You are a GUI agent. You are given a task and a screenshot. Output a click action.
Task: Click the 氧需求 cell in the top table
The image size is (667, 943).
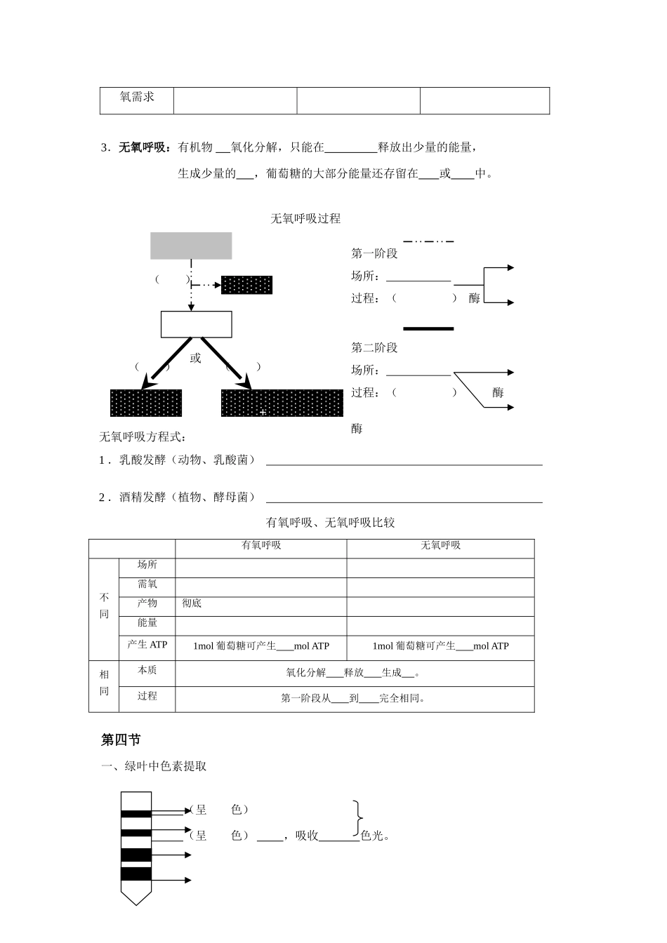tap(137, 98)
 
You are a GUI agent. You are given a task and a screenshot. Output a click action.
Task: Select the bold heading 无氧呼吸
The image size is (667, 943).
tap(143, 147)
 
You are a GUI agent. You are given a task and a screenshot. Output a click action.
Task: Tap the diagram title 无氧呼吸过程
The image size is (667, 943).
tap(305, 219)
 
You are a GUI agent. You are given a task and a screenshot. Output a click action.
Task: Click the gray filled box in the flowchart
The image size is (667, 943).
tap(191, 246)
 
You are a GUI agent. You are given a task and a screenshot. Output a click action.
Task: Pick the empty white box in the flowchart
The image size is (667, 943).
tap(196, 324)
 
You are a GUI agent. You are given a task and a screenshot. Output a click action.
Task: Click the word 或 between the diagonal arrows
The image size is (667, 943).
tap(195, 359)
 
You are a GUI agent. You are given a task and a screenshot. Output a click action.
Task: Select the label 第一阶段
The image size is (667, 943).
tap(374, 254)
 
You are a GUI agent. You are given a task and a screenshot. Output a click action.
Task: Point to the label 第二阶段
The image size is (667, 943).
tap(374, 348)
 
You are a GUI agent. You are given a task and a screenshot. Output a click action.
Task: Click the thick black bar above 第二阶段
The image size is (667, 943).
tap(428, 328)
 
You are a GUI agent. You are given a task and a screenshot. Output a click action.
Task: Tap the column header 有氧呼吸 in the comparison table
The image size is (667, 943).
tap(261, 545)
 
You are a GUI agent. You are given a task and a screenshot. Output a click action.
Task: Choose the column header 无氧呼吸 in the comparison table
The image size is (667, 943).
tap(440, 545)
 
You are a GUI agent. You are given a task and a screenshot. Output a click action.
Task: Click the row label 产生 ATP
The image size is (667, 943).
tap(147, 645)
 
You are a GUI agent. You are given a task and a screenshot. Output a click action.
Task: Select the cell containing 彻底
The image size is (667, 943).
tap(192, 603)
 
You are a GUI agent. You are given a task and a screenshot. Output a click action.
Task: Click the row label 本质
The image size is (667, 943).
tap(147, 671)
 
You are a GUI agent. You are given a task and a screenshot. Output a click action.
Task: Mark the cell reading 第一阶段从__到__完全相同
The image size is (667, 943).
tap(354, 698)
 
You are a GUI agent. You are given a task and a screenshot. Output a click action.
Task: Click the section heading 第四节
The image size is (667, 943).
tap(121, 740)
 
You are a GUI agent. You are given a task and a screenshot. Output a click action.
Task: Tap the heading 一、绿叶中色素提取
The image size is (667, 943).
tap(154, 766)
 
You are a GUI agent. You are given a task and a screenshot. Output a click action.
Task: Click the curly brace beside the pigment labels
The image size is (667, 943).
tap(359, 819)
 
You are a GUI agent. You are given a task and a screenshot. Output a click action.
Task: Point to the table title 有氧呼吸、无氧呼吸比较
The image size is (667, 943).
tap(330, 523)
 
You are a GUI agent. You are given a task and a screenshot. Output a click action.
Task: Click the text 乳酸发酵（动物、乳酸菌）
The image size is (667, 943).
tap(187, 460)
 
